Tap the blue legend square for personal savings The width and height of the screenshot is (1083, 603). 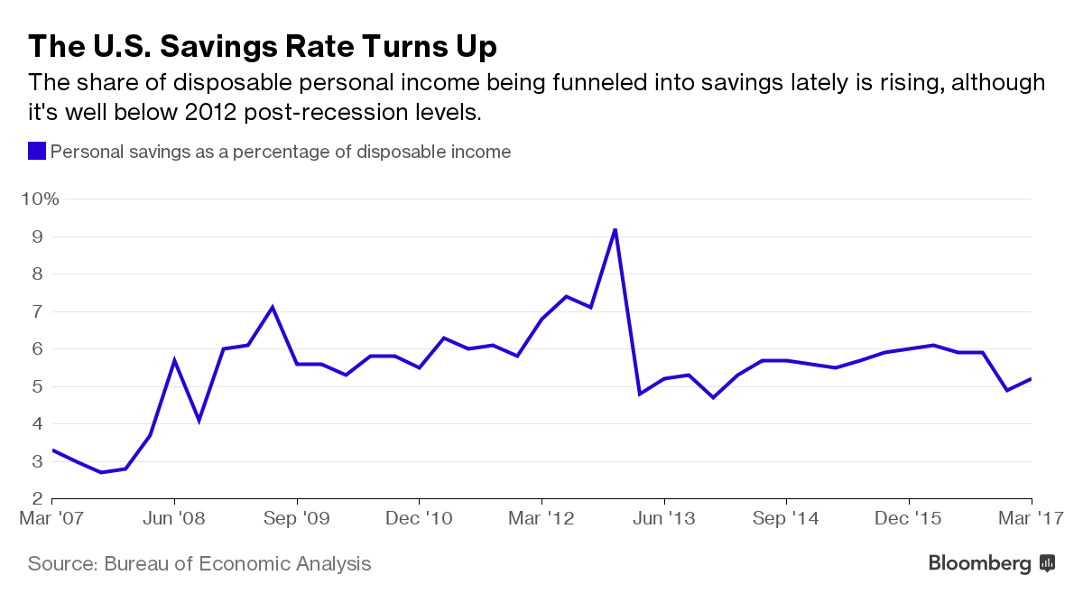click(x=37, y=152)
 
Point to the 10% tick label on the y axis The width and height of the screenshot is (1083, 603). click(x=40, y=199)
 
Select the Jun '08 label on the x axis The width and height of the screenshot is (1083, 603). click(x=174, y=520)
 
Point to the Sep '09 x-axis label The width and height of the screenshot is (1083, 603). click(x=297, y=520)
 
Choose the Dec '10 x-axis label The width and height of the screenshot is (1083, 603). click(x=419, y=520)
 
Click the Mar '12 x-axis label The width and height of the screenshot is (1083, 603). click(x=541, y=520)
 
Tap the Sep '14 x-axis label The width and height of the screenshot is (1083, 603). click(x=786, y=520)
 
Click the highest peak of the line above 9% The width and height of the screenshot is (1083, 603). click(x=615, y=229)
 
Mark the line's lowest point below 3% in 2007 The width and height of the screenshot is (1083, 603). click(x=101, y=472)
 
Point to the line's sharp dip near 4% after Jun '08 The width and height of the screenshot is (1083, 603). click(x=199, y=420)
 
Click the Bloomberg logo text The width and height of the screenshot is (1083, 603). click(x=979, y=564)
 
